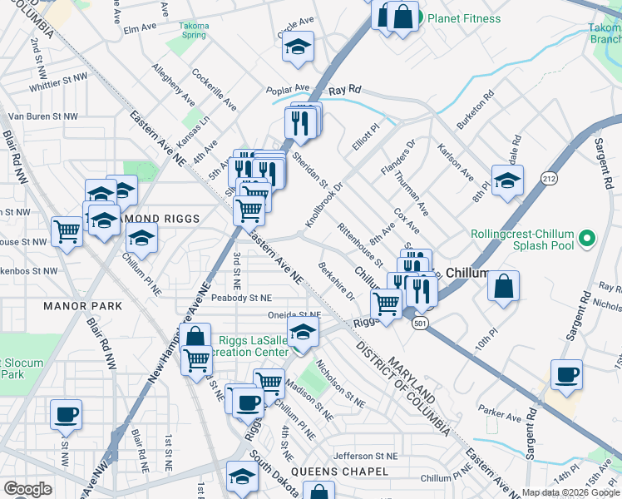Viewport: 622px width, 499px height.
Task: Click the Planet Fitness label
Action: pos(470,18)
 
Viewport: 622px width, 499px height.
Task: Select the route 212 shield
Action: pos(549,178)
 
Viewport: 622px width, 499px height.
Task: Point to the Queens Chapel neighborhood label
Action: pos(346,472)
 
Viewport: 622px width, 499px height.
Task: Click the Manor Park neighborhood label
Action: pos(82,306)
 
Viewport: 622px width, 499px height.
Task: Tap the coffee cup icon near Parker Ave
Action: pos(566,374)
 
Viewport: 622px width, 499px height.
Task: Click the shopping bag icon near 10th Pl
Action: pos(503,286)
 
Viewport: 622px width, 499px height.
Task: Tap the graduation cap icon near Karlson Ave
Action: pos(507,180)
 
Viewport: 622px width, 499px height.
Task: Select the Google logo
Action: pos(27,489)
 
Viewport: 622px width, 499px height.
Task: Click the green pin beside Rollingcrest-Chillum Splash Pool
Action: pos(588,239)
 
